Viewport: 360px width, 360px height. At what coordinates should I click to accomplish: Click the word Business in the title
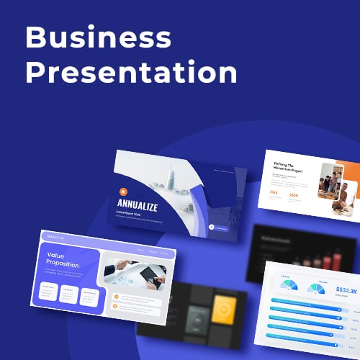click(99, 37)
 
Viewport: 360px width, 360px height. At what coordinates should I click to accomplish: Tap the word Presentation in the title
click(131, 73)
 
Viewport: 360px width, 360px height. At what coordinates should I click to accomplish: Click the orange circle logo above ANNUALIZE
click(123, 192)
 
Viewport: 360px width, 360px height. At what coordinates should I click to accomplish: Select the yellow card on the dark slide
click(223, 311)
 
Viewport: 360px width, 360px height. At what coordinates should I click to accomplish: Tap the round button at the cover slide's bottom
click(212, 228)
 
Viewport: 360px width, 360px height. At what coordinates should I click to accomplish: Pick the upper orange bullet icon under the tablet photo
click(115, 296)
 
